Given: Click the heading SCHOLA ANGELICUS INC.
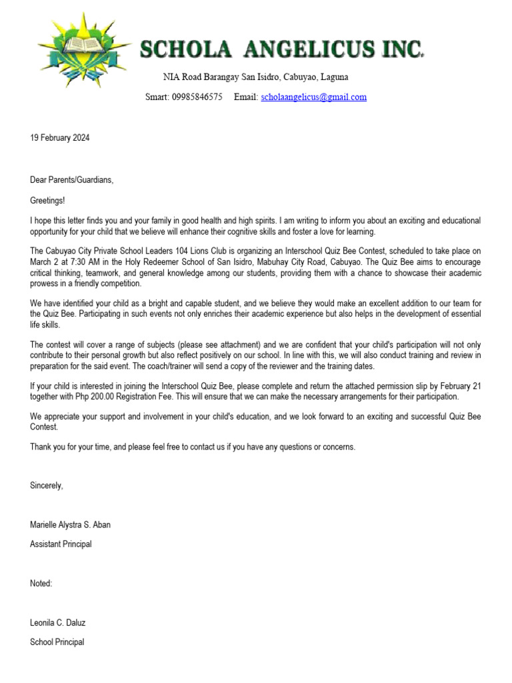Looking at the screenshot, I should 282,49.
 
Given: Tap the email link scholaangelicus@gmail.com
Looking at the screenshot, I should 313,97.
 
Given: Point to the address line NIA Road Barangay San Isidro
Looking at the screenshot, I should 255,77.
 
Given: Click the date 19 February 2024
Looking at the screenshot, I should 60,138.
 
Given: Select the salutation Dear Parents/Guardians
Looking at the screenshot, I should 72,180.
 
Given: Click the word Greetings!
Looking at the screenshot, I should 48,200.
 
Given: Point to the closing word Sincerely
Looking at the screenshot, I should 47,486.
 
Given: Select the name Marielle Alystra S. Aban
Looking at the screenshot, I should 71,525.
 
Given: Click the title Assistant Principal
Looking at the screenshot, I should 61,544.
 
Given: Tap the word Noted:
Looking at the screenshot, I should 41,584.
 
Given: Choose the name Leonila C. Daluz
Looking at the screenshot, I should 58,623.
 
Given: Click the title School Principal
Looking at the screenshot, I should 57,642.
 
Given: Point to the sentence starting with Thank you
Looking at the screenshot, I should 193,447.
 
